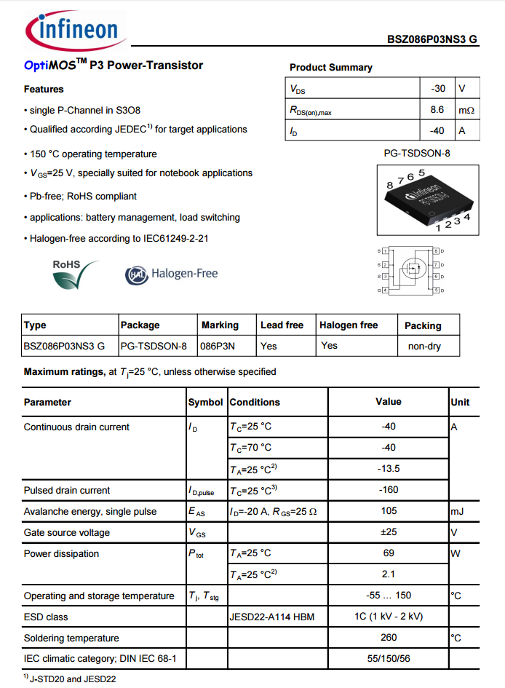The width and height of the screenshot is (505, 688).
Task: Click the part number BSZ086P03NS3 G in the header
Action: [x=432, y=39]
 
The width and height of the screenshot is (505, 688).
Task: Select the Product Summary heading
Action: [x=330, y=67]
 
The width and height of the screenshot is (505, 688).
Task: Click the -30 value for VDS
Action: [x=437, y=89]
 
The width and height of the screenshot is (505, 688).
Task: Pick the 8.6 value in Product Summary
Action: [x=437, y=110]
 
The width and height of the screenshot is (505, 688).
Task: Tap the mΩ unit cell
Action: [x=466, y=111]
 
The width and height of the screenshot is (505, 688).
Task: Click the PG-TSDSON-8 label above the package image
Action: [x=417, y=154]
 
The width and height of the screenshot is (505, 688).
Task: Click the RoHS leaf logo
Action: [x=75, y=274]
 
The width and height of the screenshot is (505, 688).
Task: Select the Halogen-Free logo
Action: [x=172, y=274]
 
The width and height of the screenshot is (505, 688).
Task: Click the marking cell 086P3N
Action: [x=218, y=346]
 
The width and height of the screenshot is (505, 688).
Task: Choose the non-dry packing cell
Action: [x=424, y=346]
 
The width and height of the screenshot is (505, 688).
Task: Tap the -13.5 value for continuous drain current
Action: [x=389, y=469]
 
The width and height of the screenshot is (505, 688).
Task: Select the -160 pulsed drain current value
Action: [x=389, y=490]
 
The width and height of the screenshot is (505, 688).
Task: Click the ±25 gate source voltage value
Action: [x=389, y=532]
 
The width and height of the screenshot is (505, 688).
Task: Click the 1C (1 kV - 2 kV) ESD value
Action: [x=389, y=617]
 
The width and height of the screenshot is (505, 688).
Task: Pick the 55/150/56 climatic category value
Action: [x=389, y=659]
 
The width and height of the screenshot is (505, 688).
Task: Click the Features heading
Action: [x=44, y=90]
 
